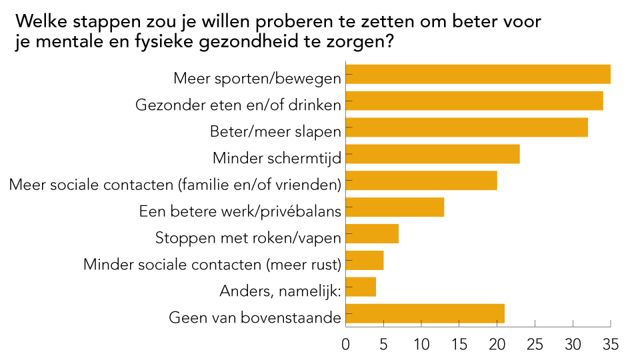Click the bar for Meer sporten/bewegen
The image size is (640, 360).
(x=479, y=74)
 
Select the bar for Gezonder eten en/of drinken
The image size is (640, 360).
(x=475, y=101)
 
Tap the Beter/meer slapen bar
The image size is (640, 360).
(x=467, y=127)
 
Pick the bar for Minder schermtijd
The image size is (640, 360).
(x=433, y=154)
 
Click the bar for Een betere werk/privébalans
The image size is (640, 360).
(x=395, y=207)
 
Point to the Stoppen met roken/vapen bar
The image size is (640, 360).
(x=373, y=234)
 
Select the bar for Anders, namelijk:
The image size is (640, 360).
(x=361, y=287)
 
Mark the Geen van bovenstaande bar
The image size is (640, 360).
(x=426, y=314)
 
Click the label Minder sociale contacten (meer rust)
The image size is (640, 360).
(x=212, y=265)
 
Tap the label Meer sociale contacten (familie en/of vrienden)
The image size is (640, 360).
(x=175, y=185)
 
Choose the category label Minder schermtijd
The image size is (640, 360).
(x=277, y=158)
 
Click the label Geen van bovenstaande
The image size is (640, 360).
(x=255, y=318)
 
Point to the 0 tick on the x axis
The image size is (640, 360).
(x=346, y=345)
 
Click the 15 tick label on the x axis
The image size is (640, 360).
(x=459, y=345)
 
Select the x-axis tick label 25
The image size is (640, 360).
(x=535, y=345)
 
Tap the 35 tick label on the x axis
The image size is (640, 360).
(x=610, y=345)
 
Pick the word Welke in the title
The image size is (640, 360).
(x=40, y=21)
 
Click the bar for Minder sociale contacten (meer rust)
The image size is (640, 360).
(x=365, y=261)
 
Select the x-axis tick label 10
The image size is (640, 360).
(x=421, y=345)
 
